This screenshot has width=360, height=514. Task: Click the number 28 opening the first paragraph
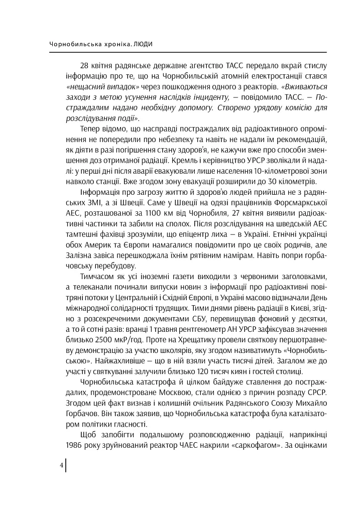tap(84, 66)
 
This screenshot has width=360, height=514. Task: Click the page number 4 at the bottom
tap(61, 465)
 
